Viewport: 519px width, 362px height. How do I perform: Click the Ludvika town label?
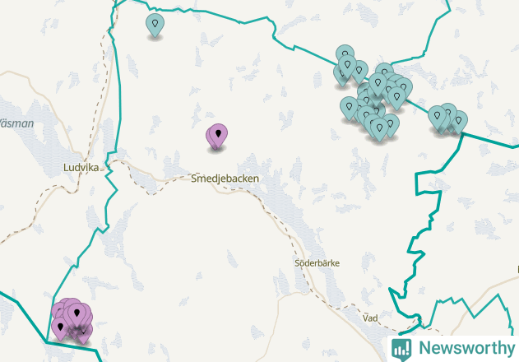coord(81,167)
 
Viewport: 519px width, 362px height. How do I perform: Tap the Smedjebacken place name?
coord(225,178)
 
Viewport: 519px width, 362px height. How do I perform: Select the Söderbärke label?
coord(317,263)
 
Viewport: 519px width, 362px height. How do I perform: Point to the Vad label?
coord(370,317)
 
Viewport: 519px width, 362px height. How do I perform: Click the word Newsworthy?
coord(464,348)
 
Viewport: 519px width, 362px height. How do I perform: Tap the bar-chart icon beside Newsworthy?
coord(401,348)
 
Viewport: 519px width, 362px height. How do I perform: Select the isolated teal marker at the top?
coord(155,25)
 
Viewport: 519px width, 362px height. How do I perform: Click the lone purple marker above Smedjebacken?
coord(217,136)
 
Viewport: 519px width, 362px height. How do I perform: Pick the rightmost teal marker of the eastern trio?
coord(459,120)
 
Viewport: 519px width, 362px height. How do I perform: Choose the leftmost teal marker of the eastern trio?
coord(437,117)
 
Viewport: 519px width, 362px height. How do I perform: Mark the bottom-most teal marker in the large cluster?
coord(379,129)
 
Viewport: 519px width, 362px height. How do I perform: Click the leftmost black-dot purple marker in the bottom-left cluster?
coord(59,328)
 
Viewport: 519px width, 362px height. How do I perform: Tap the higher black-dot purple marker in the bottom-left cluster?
coord(78,313)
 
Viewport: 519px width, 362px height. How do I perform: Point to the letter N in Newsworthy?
coord(424,348)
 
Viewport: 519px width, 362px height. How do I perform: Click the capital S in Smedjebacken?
coord(194,178)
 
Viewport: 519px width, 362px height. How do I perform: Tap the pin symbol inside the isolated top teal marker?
coord(155,23)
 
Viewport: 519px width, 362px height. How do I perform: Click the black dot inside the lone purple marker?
coord(218,132)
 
